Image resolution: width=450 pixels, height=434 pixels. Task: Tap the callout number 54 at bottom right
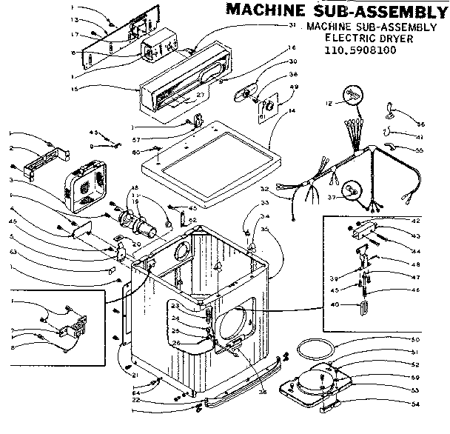pos(414,404)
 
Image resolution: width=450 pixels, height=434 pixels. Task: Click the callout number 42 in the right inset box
pos(416,221)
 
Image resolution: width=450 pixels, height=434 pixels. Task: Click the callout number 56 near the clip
pos(420,124)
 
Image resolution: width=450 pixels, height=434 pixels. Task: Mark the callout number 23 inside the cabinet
pos(196,305)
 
